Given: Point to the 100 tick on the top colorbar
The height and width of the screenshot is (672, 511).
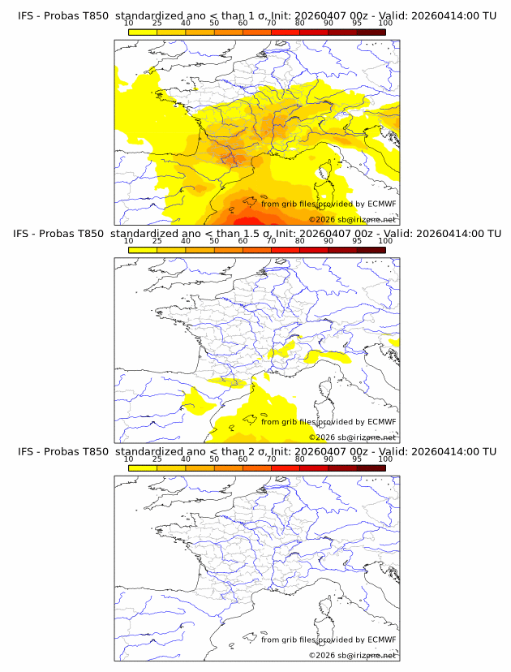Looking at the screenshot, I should point(385,23).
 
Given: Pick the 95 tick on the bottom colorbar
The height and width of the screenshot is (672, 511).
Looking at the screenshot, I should point(357,458).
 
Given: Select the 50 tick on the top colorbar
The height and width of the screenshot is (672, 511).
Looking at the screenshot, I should point(214,23).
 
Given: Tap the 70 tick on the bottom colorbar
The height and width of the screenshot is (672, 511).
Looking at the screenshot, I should point(271,458).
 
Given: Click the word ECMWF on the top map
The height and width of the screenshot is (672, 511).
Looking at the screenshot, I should point(381,204).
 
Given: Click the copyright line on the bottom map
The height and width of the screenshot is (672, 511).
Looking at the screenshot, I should point(353,655).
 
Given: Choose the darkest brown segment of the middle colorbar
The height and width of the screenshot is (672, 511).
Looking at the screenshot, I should point(371,250).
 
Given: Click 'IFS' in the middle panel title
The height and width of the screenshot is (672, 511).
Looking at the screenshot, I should point(25,234).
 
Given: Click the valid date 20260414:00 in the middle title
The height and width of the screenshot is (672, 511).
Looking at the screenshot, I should point(449,234).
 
